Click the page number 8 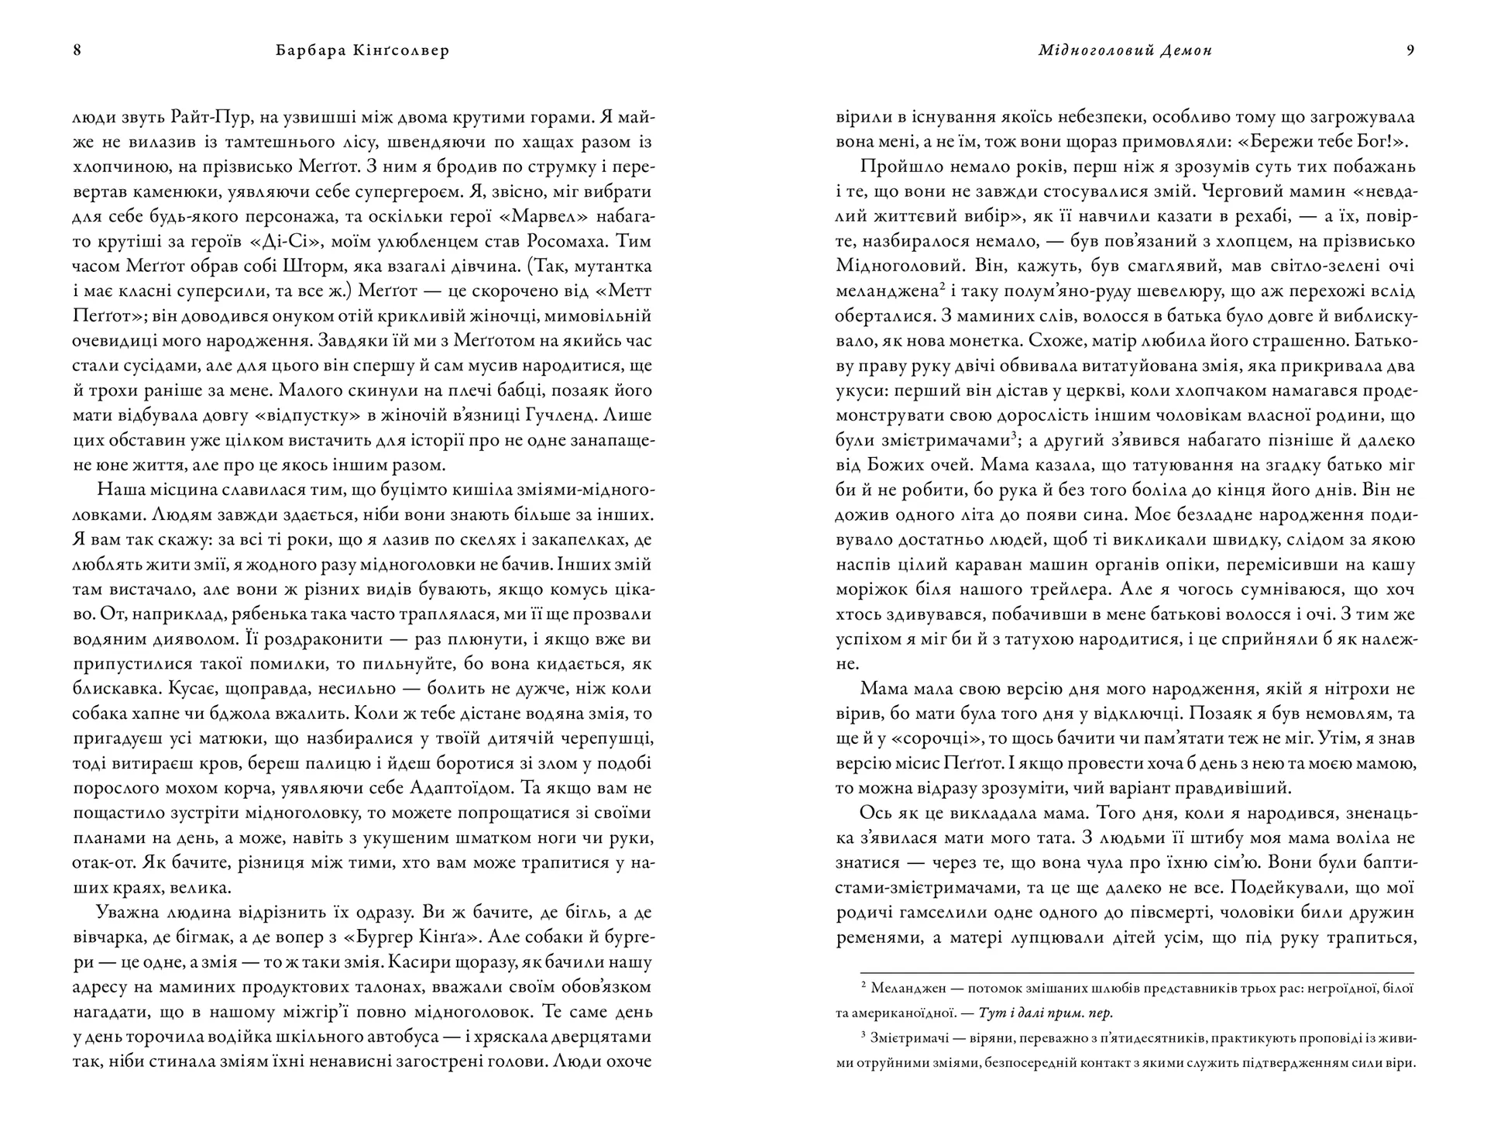(x=77, y=51)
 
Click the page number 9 (x=1410, y=51)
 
